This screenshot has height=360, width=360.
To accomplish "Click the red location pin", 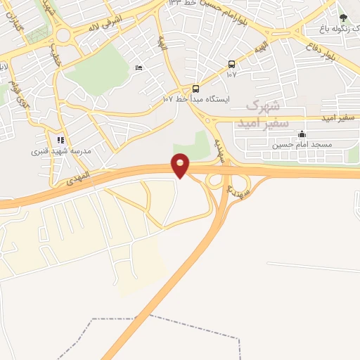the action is click(181, 165).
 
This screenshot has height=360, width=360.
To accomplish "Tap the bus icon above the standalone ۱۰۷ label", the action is click(231, 65).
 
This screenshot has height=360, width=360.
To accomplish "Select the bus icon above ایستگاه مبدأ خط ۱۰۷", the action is click(195, 89).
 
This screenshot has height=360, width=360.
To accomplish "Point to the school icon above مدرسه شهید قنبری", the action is click(60, 140).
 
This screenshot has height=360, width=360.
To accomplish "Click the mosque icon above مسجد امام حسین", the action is click(302, 134).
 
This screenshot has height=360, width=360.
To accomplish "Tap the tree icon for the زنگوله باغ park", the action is click(343, 18).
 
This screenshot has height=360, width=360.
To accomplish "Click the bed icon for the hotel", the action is click(139, 67).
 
